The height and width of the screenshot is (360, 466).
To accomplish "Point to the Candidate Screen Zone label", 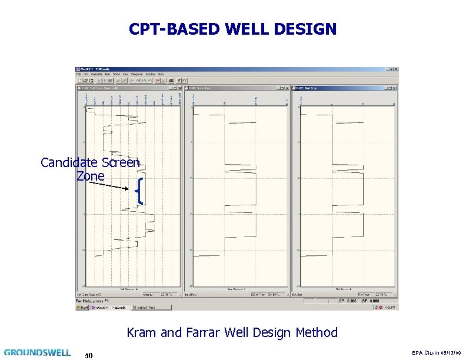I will tap(90, 169).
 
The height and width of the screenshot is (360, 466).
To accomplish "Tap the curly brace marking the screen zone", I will tap(139, 191).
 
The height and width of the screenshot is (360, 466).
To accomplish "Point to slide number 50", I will tap(88, 355).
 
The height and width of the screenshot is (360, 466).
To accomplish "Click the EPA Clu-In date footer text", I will tap(437, 352).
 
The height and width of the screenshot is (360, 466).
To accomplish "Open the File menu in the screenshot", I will tap(78, 74).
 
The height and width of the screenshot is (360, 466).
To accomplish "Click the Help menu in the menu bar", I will tap(161, 74).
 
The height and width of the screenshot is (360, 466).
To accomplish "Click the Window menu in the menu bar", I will tap(151, 74).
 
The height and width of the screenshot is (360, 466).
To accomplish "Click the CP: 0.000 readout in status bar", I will tap(348, 301).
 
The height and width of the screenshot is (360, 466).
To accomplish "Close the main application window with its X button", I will tap(395, 69).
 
